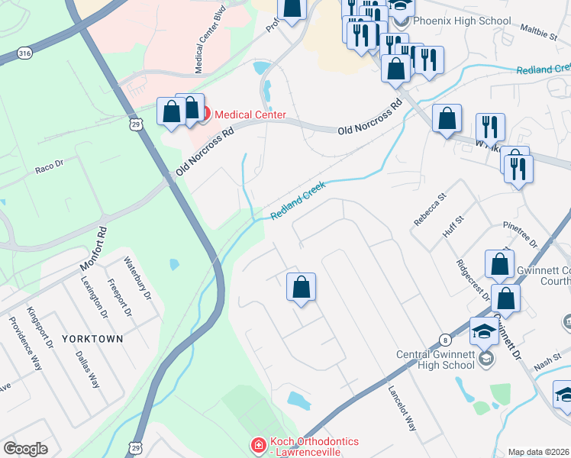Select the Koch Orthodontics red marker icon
[259, 443]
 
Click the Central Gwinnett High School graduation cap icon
[484, 331]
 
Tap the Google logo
[25, 449]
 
